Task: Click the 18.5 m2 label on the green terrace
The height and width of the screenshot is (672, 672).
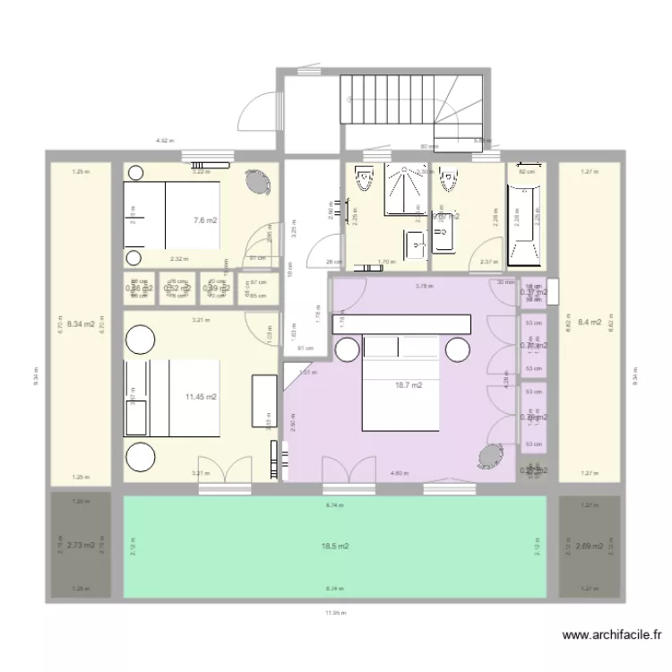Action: point(335,546)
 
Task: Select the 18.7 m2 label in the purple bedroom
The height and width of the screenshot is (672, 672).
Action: point(408,386)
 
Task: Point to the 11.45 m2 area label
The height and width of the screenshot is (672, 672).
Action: point(202,396)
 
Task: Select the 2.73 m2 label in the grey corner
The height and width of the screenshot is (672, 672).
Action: point(81,545)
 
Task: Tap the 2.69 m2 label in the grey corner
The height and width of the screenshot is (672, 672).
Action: point(589,545)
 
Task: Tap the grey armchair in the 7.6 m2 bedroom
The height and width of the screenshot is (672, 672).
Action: point(258,182)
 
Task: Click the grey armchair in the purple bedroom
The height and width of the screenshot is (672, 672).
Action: point(489,457)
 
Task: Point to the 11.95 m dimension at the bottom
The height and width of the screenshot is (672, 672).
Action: point(336,613)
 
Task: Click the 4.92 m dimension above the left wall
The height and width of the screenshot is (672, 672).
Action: point(165,141)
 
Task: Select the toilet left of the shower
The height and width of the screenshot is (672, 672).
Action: point(363,181)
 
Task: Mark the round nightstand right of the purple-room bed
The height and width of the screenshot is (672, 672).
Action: point(458,349)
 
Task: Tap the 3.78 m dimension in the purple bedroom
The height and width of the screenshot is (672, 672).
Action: point(423,287)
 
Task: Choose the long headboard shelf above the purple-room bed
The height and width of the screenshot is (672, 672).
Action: point(401,323)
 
